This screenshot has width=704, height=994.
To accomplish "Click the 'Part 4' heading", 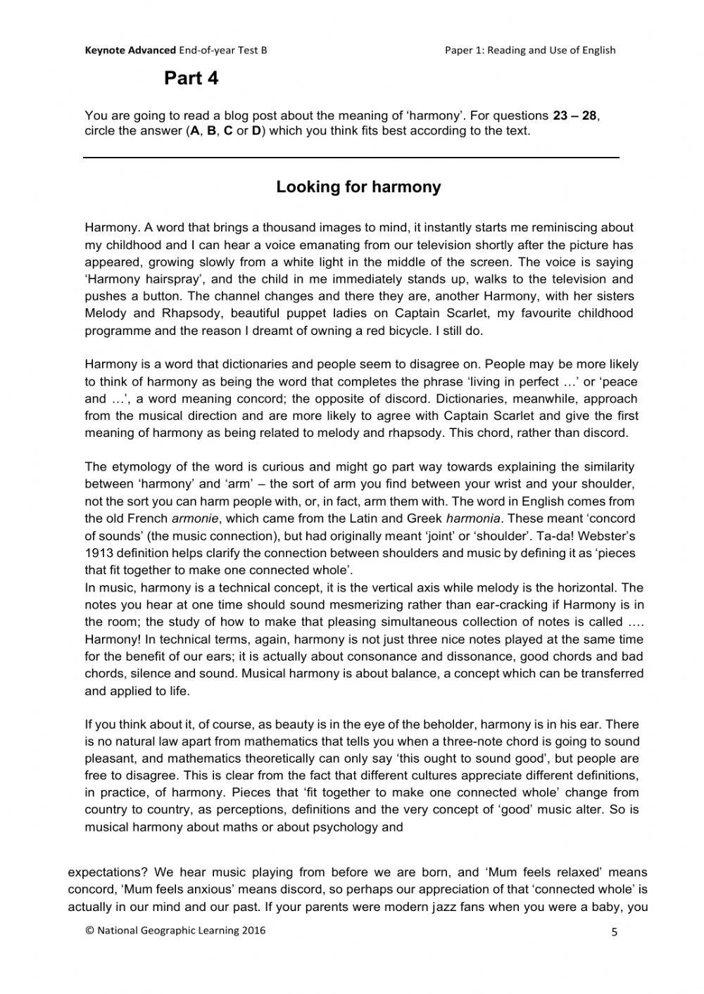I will coord(191,79).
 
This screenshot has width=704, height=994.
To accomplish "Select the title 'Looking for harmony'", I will coord(358,187).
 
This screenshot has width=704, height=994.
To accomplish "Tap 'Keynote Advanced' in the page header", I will coord(130,50).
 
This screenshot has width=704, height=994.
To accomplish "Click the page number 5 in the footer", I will coord(614,933).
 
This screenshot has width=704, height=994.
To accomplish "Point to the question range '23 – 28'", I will coord(574,115).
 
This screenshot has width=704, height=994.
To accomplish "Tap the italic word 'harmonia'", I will coord(472,518).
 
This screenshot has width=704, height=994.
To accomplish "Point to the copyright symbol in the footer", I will coord(89,930).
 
